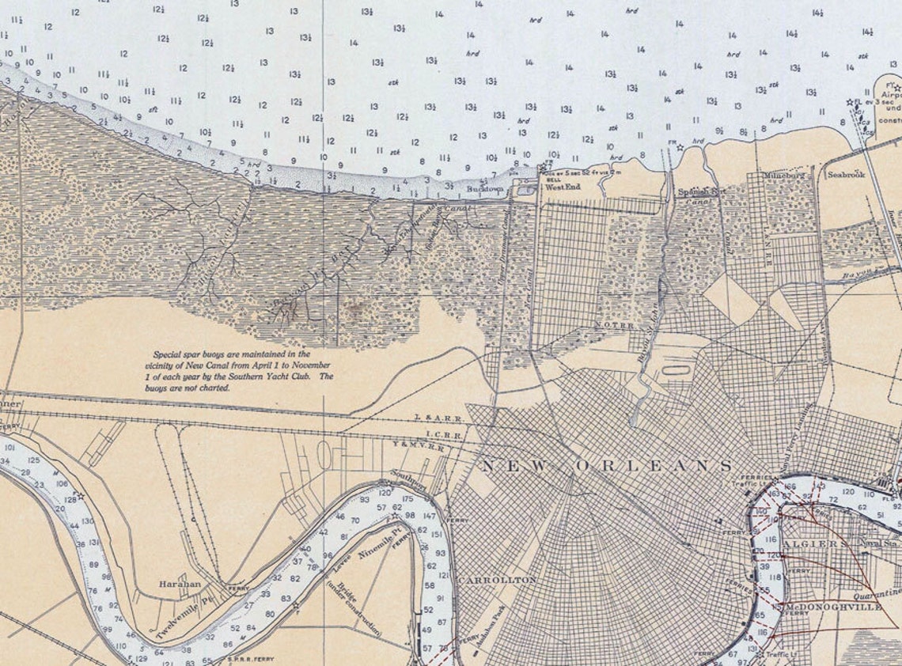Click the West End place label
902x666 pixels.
[x=563, y=187]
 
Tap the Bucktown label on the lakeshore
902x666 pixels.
[x=485, y=190]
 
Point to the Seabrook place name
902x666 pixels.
[x=846, y=174]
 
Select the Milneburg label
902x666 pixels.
[x=783, y=174]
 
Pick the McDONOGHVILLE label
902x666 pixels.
[x=832, y=607]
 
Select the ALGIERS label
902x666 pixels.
[x=810, y=544]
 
